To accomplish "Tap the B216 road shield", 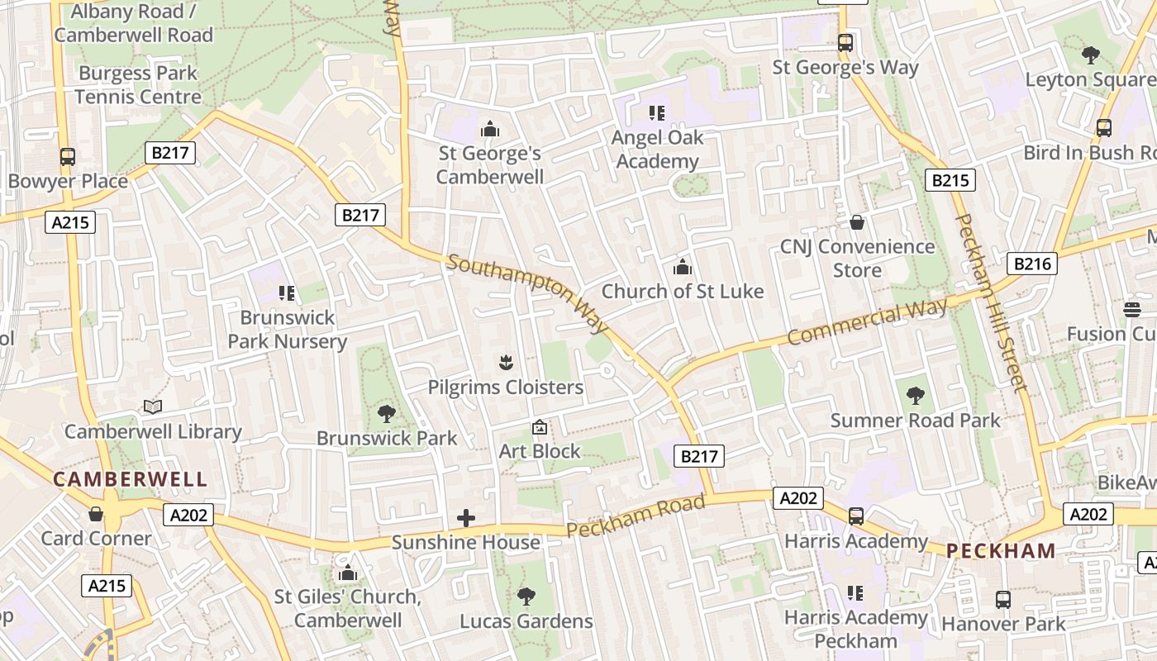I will pyautogui.click(x=1032, y=264).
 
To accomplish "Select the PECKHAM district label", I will pyautogui.click(x=1001, y=550).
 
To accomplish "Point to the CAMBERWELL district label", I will pyautogui.click(x=131, y=479).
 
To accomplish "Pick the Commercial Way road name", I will pyautogui.click(x=867, y=323).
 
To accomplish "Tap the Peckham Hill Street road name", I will pyautogui.click(x=991, y=302).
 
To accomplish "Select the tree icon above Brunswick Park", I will pyautogui.click(x=386, y=414).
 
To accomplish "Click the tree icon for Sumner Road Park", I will pyautogui.click(x=915, y=396).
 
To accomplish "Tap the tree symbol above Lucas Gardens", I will pyautogui.click(x=526, y=597).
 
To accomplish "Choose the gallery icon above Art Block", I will pyautogui.click(x=540, y=427).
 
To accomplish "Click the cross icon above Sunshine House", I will pyautogui.click(x=466, y=518).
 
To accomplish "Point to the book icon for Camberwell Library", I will pyautogui.click(x=153, y=407).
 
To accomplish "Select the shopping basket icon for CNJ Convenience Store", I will pyautogui.click(x=857, y=222).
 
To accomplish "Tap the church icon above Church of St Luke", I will pyautogui.click(x=683, y=267).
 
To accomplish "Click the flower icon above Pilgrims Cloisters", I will pyautogui.click(x=506, y=362).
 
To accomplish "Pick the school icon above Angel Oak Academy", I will pyautogui.click(x=658, y=113).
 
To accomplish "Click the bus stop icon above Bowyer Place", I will pyautogui.click(x=68, y=157).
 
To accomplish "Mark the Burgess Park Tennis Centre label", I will pyautogui.click(x=138, y=85).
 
